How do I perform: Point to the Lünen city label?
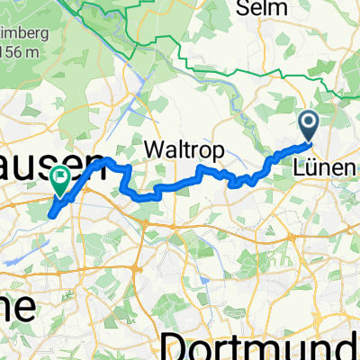coord(320,167)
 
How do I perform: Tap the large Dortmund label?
coord(261,343)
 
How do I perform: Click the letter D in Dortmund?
coord(175,343)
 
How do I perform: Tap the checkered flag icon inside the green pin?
coord(61,178)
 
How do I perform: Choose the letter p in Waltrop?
coord(206,150)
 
